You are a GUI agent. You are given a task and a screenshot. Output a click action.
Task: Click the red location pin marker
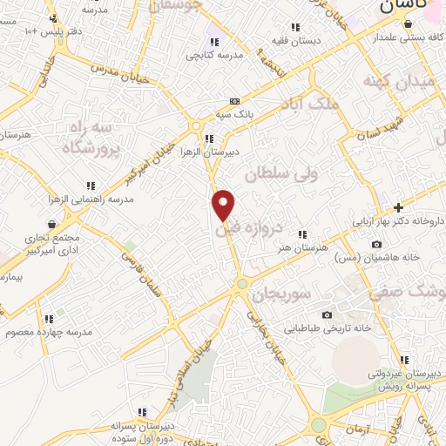(224, 204)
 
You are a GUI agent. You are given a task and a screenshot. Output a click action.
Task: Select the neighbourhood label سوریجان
(281, 294)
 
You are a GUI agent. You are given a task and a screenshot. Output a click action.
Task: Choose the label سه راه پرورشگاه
(89, 139)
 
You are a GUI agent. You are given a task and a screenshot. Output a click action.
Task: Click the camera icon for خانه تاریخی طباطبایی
(327, 314)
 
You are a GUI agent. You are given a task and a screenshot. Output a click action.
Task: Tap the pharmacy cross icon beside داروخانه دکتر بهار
(399, 207)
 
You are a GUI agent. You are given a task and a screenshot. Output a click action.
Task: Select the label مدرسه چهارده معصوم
(49, 333)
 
